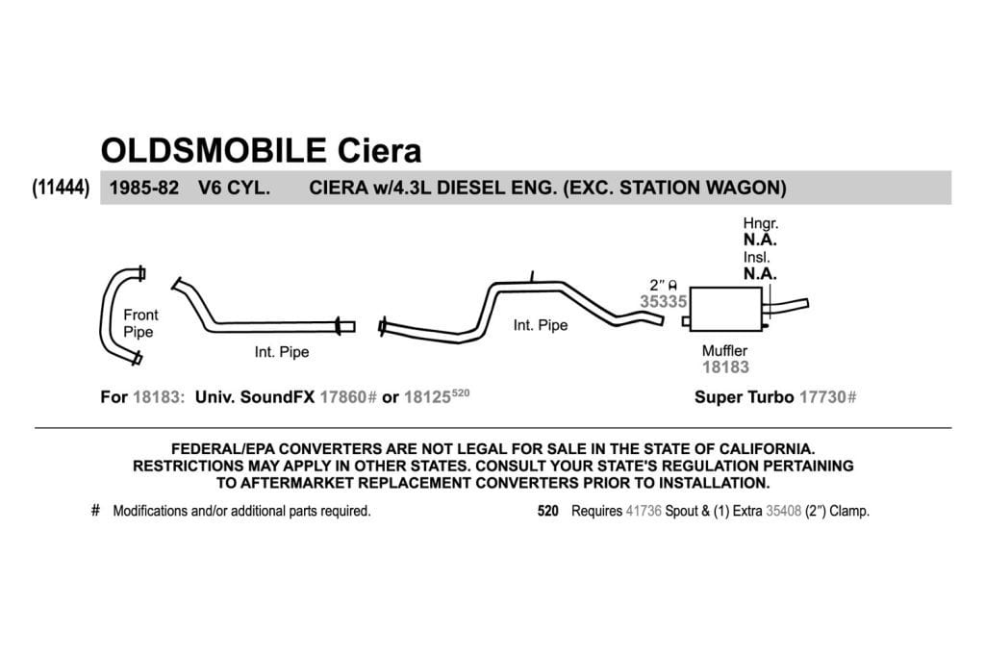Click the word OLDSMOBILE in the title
pyautogui.click(x=214, y=151)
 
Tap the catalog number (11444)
pyautogui.click(x=61, y=188)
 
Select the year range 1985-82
pyautogui.click(x=144, y=188)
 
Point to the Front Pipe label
pyautogui.click(x=140, y=323)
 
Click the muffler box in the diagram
pyautogui.click(x=725, y=309)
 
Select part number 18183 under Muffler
pyautogui.click(x=725, y=367)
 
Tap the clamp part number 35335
pyautogui.click(x=663, y=301)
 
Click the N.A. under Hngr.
pyautogui.click(x=760, y=240)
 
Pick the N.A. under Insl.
pyautogui.click(x=760, y=274)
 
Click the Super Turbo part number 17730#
pyautogui.click(x=827, y=397)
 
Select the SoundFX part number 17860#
pyautogui.click(x=348, y=397)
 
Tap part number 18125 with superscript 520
pyautogui.click(x=437, y=396)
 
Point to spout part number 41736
pyautogui.click(x=644, y=512)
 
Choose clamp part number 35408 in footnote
pyautogui.click(x=783, y=512)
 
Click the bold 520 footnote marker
pyautogui.click(x=547, y=512)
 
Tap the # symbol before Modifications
pyautogui.click(x=95, y=511)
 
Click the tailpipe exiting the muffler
pyautogui.click(x=787, y=307)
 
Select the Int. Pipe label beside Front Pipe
pyautogui.click(x=282, y=352)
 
